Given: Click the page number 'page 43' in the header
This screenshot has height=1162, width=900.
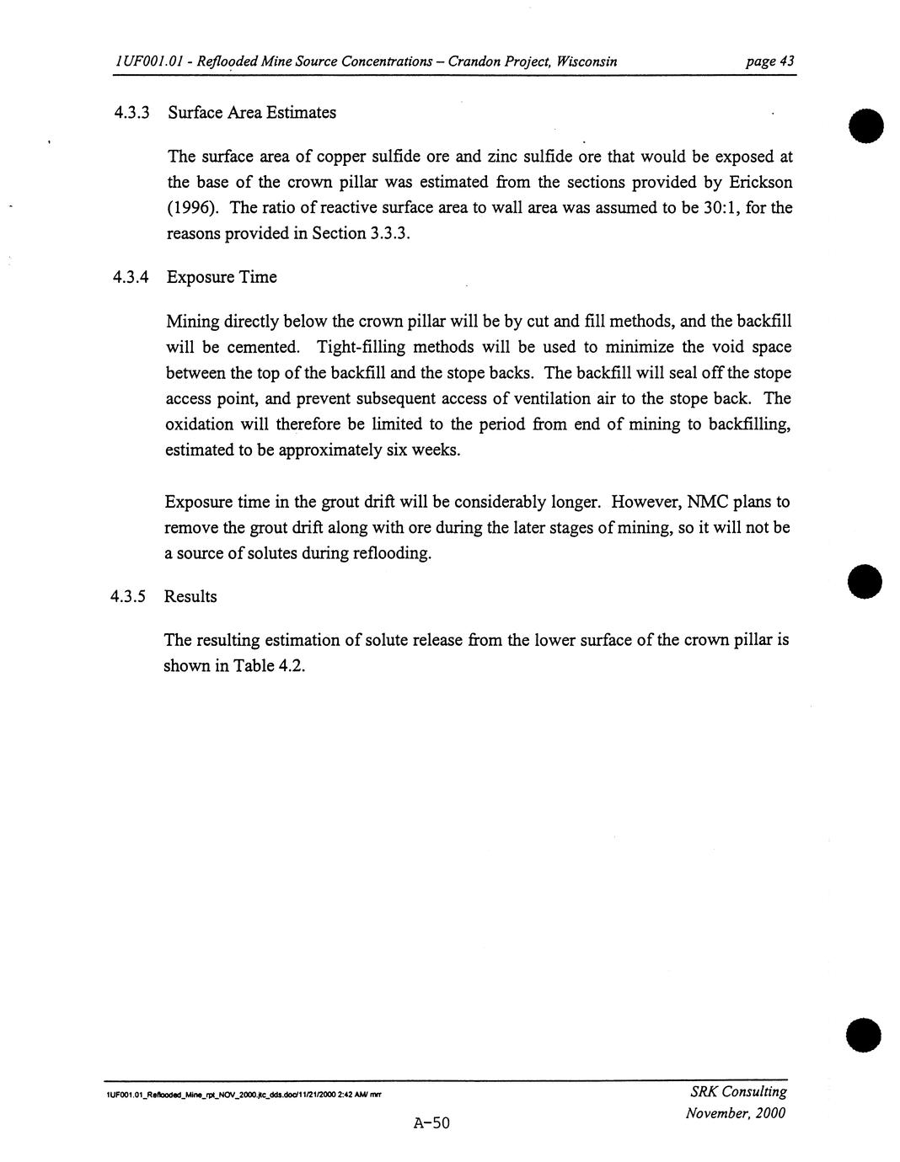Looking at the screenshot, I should (x=769, y=61).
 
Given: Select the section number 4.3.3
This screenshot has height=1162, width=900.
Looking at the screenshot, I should (x=131, y=113).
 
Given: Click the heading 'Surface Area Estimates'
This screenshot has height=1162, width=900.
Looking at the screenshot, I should (x=252, y=113).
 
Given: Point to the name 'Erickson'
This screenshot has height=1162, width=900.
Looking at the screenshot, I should (x=760, y=182).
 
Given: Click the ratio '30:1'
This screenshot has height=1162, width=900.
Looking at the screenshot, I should (x=720, y=208).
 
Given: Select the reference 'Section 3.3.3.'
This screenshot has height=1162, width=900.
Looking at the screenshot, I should (x=361, y=234).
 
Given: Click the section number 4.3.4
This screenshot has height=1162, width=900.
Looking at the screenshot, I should (x=131, y=277).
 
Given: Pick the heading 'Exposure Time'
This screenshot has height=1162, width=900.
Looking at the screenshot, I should (x=222, y=277).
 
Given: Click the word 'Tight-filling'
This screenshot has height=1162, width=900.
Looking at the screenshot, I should (x=361, y=347).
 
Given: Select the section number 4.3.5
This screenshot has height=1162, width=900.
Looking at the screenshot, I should (x=128, y=597).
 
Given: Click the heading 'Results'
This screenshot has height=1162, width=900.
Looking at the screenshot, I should (x=190, y=597).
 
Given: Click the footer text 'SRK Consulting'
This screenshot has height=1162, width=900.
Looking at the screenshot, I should (x=738, y=1091).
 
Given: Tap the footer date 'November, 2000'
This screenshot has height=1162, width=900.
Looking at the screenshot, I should (x=736, y=1113).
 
